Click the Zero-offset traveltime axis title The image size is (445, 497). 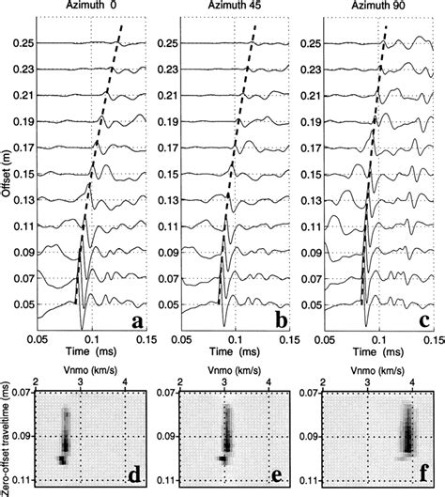[x=8, y=434]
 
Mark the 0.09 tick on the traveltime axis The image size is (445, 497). [x=20, y=435]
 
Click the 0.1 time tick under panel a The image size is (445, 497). [x=91, y=340]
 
